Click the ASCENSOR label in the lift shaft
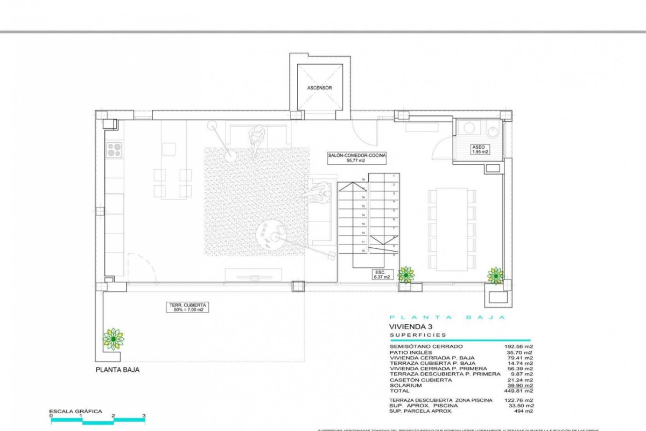pos(320,88)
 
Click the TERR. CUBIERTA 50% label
pos(186,308)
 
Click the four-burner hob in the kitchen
pos(114,149)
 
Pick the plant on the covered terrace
pos(113,338)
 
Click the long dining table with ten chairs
pos(452,229)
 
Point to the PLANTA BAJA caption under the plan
pos(117,370)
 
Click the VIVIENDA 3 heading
pos(411,326)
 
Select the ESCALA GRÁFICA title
pos(75,411)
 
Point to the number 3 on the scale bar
pos(144,415)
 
